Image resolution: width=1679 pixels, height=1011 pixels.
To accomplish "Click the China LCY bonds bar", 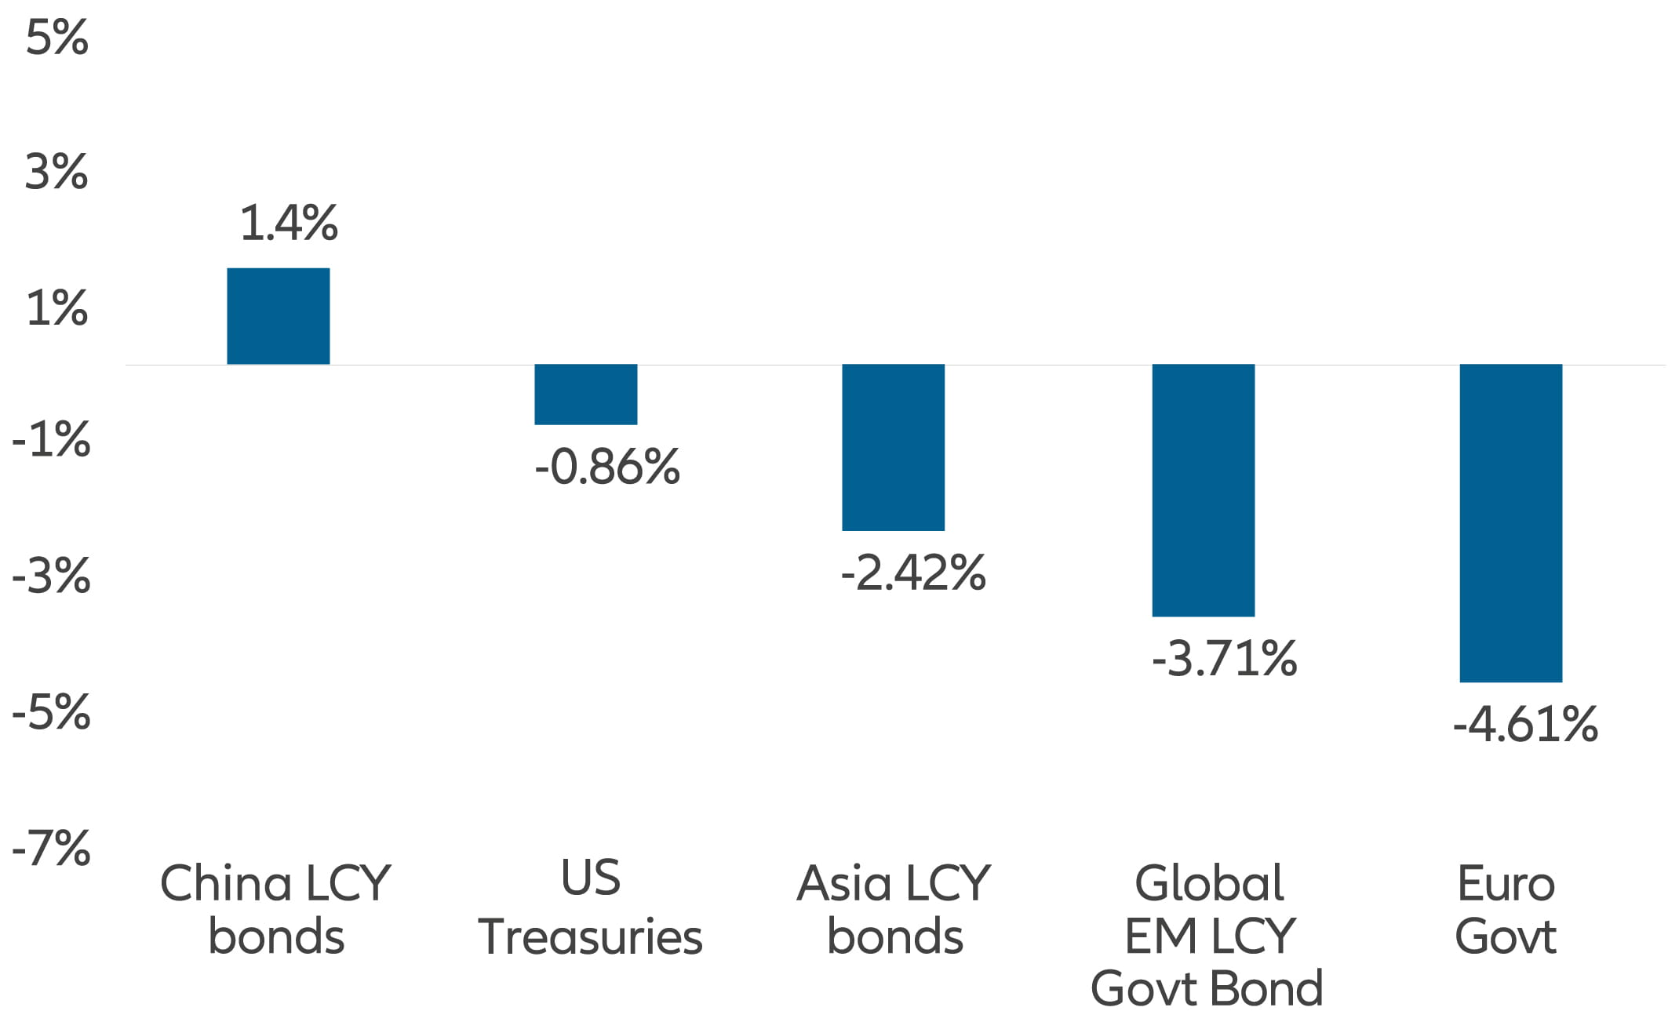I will (x=278, y=316).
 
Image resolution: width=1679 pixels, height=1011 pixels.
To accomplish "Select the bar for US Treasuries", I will (x=585, y=394).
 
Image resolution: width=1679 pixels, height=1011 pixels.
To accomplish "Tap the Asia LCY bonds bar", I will (x=893, y=447).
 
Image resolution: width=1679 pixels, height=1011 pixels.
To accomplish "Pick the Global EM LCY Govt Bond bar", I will (x=1203, y=490).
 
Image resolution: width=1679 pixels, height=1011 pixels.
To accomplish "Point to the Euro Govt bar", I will (x=1510, y=523).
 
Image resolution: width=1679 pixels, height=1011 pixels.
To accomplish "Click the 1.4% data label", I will (x=288, y=223).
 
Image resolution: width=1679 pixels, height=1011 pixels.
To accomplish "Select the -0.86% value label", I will (x=606, y=467).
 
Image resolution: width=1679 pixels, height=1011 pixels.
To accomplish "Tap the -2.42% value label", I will (x=912, y=573).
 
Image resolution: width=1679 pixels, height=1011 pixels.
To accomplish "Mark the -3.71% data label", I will (x=1224, y=658).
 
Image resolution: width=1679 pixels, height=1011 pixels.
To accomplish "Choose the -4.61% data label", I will (x=1524, y=724).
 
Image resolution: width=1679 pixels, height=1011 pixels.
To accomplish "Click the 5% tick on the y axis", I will (x=56, y=37).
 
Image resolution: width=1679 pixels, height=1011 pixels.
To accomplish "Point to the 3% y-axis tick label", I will (x=56, y=172).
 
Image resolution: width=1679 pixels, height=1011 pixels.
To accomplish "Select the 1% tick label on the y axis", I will (x=56, y=308).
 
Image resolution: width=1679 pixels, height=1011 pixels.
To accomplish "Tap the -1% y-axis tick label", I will (x=51, y=440).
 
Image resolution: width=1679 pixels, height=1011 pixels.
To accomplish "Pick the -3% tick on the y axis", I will (x=51, y=576).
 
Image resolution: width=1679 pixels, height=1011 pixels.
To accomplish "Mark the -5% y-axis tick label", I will (x=51, y=713).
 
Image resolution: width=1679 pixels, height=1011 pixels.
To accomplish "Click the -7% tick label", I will (x=51, y=848).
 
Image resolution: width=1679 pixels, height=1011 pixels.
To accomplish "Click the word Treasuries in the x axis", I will (x=590, y=936).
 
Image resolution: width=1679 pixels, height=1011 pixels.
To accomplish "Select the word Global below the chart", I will (x=1209, y=883).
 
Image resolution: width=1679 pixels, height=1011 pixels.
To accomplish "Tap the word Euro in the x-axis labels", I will (x=1506, y=883).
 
